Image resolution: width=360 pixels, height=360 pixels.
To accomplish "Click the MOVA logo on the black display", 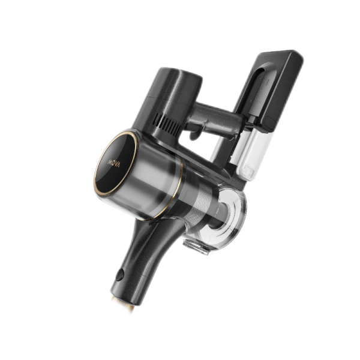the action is coord(113,163).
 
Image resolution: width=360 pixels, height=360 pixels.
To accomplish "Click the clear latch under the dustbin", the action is coord(195,247).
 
